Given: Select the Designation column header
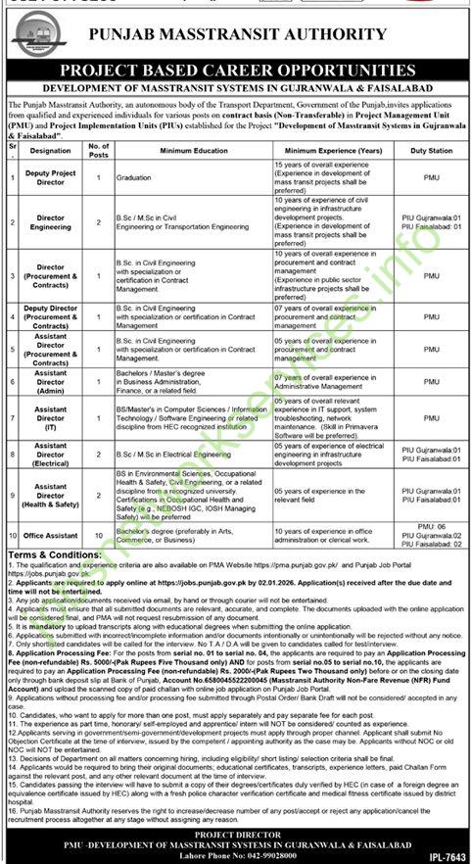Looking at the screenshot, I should coord(51,151).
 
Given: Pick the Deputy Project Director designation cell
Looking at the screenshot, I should coord(51,177).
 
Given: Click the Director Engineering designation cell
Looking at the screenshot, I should coord(51,222).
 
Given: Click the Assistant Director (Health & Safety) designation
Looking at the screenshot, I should coord(51,495).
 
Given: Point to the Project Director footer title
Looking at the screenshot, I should coord(235,833).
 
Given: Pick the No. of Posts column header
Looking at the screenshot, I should coord(100,151).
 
